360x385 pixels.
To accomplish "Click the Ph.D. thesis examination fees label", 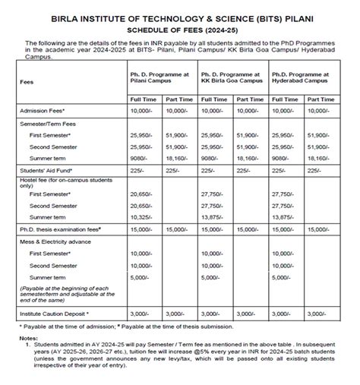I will pos(62,229).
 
